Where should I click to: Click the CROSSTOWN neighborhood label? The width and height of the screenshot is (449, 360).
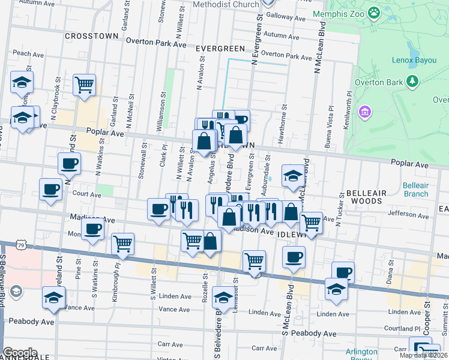click(x=91, y=36)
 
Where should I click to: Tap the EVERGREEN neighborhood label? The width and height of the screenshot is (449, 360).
click(x=220, y=49)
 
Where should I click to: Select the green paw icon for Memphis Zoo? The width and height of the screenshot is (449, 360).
click(x=375, y=12)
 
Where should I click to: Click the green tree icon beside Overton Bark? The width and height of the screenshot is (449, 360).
click(x=412, y=81)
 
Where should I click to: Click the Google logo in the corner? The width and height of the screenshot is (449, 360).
click(x=19, y=353)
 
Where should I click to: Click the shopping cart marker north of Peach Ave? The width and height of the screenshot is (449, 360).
click(x=84, y=85)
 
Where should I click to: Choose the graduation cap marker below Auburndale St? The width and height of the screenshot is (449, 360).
click(x=292, y=176)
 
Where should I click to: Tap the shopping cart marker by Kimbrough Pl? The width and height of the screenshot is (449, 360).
click(x=122, y=243)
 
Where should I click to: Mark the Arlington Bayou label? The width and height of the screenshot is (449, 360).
click(x=361, y=355)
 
